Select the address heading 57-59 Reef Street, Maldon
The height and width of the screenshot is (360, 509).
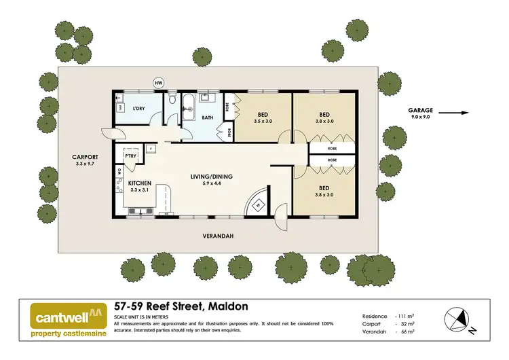[x=172, y=307]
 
